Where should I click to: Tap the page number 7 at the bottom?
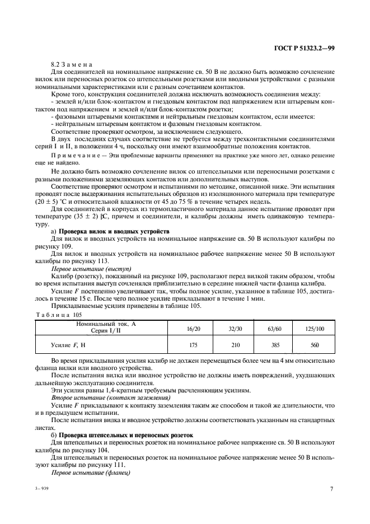(331, 489)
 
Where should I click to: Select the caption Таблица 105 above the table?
(58, 316)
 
